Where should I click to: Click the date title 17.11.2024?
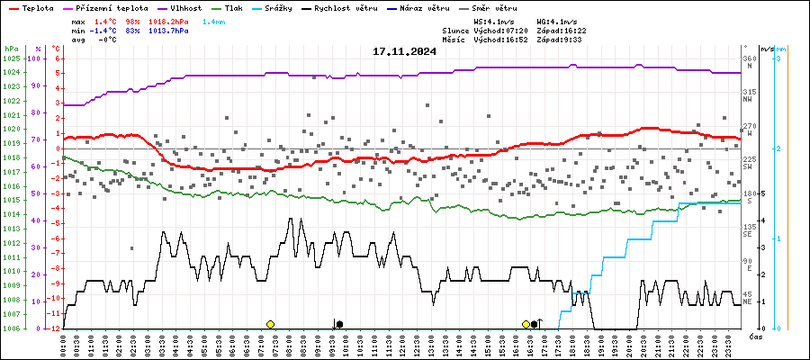click(404, 51)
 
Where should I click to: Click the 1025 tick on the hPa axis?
click(11, 58)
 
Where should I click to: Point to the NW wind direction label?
click(748, 100)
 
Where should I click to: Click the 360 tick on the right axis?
click(749, 58)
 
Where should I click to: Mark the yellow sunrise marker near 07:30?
click(270, 324)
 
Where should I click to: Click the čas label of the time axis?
click(756, 336)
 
